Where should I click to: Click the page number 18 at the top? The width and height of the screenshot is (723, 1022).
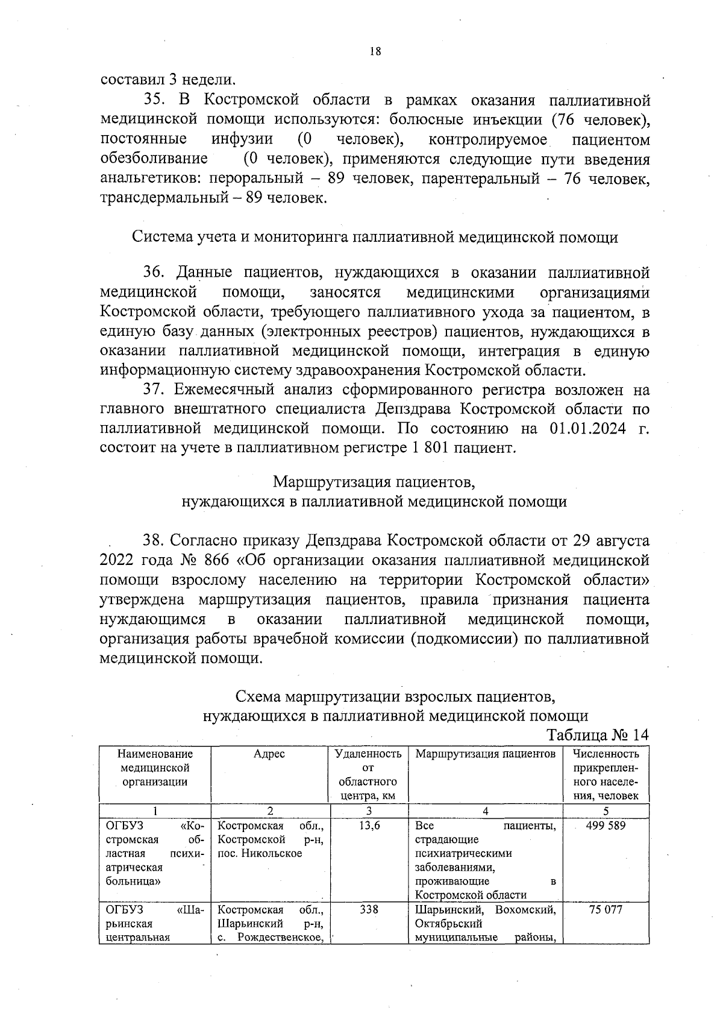coord(375,52)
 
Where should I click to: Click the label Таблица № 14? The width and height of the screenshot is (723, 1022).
coord(597,736)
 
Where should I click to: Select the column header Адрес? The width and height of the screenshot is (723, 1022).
coord(269,754)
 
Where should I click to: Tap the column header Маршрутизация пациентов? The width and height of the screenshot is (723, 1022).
coord(486,754)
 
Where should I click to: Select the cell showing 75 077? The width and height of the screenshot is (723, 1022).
coord(606,910)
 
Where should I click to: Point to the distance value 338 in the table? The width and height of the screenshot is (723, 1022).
coord(369,910)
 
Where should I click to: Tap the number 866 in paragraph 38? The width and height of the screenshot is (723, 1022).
coord(217,560)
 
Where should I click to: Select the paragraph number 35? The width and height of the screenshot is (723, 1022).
coord(155,99)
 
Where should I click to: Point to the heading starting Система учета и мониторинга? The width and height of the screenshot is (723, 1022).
coord(375,237)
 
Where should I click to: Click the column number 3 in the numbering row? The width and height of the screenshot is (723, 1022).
coord(369,811)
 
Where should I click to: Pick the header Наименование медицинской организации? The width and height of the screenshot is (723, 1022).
coord(155,768)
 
